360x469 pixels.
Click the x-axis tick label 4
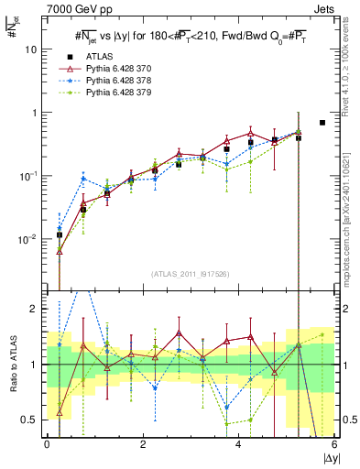239,443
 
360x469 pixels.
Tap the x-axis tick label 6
335,443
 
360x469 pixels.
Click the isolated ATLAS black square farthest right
322,123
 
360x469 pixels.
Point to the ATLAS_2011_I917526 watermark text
191,274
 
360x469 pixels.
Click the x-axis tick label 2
143,443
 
